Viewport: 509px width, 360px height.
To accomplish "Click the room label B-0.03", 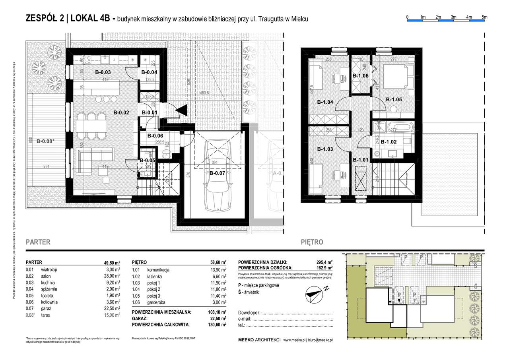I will (x=103, y=72).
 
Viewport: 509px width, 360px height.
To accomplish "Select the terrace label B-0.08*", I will (x=45, y=141).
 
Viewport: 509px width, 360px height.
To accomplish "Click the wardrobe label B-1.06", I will (x=361, y=75).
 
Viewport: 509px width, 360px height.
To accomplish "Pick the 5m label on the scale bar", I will (x=484, y=17).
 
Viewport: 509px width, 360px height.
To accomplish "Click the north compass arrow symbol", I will (x=314, y=294).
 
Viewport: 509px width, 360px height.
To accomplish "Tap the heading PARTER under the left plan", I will (x=38, y=242).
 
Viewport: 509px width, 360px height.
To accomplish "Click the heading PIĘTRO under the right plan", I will (x=312, y=242).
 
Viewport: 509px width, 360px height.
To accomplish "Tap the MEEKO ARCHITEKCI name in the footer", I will (x=259, y=340).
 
